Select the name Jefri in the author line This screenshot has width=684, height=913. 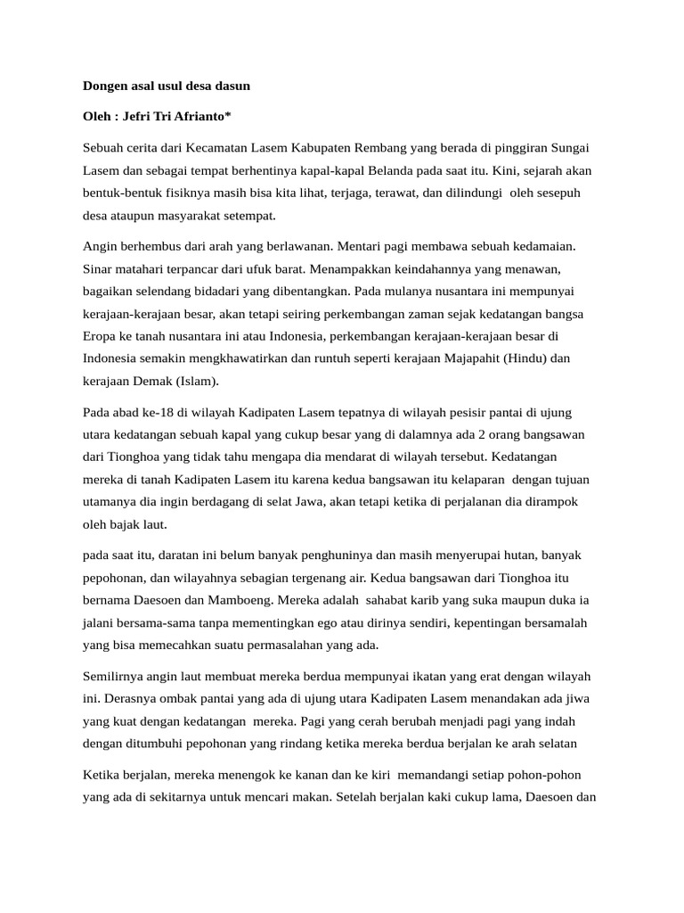139,117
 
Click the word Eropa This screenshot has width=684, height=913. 101,336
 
